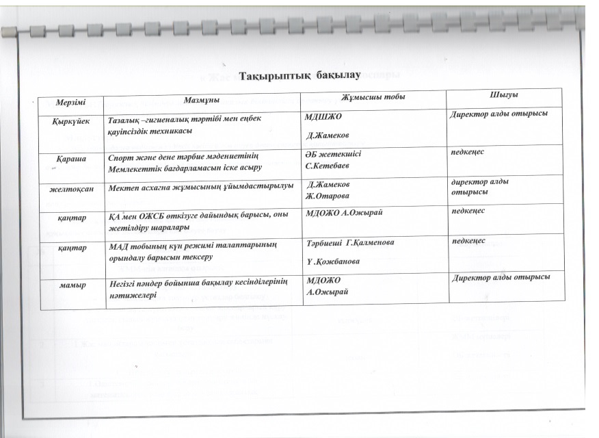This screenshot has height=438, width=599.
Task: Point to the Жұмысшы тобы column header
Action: (x=373, y=98)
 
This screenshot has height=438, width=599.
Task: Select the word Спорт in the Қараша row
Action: (x=121, y=158)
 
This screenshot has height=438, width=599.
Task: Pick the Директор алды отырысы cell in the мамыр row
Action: (x=501, y=276)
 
